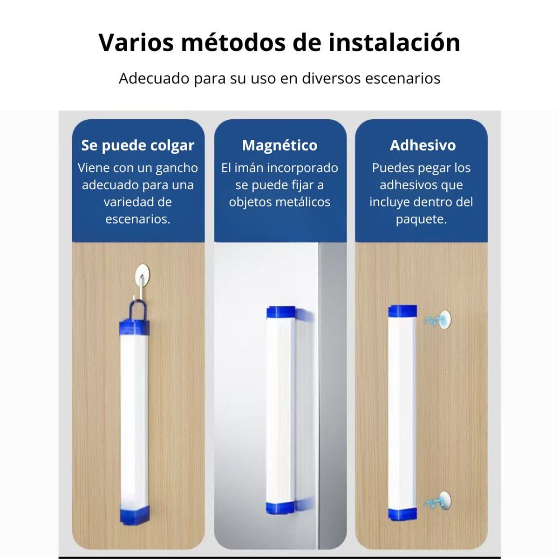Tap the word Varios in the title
click(x=136, y=42)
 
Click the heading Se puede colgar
click(x=138, y=145)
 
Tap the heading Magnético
click(x=279, y=145)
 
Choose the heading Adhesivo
click(x=423, y=145)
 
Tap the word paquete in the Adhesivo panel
click(x=421, y=219)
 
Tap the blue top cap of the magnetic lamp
click(x=281, y=312)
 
